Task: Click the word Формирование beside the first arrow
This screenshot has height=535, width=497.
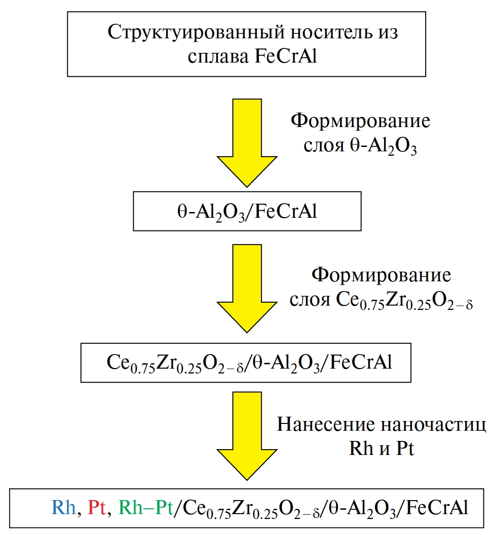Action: (x=360, y=121)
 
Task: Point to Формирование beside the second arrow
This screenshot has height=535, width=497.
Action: (x=381, y=276)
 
